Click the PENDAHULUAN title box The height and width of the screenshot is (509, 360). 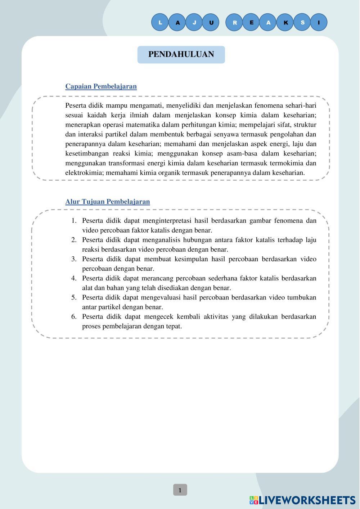coord(181,54)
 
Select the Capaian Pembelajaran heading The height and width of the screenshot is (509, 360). coord(101,86)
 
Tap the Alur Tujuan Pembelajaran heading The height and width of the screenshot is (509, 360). coord(107,202)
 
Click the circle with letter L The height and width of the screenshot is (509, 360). coord(160,22)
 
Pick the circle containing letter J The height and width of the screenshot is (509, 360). coord(194,23)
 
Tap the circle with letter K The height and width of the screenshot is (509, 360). coord(285,23)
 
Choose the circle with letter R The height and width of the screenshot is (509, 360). coord(235,23)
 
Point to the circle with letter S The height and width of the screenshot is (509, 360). coord(302,22)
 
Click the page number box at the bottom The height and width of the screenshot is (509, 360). coord(180,490)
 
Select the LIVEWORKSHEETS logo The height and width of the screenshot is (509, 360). coord(302,500)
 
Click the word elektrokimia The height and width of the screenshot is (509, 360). coord(84,173)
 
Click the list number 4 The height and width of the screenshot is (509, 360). coord(74,278)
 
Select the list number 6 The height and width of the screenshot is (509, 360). coord(74,317)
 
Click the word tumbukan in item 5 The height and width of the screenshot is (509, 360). coord(302,297)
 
